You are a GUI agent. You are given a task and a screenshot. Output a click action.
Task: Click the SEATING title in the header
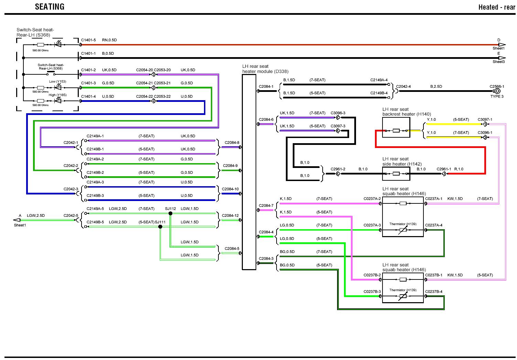tap(50, 7)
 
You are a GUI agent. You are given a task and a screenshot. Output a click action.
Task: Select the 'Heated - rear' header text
tap(496, 7)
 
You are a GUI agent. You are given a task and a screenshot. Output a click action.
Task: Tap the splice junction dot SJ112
tap(170, 213)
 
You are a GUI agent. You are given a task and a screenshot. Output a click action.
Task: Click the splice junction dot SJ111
tap(160, 226)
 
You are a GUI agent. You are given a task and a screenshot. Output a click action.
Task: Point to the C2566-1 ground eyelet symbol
tap(497, 91)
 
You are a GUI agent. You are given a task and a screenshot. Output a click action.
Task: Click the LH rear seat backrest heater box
tap(396, 128)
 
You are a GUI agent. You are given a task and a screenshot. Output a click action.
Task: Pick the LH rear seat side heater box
tap(396, 174)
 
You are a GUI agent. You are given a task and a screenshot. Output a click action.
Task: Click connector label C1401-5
tap(88, 40)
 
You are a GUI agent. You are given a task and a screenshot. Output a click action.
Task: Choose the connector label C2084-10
tap(230, 189)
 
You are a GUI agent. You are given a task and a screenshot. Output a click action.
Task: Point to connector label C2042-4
tap(403, 87)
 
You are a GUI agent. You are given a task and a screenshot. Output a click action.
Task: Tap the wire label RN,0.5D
tap(109, 40)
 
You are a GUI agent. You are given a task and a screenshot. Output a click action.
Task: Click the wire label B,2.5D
tap(436, 87)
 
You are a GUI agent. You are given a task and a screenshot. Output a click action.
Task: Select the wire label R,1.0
tap(459, 169)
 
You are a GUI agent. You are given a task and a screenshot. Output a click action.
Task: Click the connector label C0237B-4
tap(434, 292)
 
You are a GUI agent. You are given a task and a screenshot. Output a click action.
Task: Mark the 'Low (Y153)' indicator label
tap(57, 82)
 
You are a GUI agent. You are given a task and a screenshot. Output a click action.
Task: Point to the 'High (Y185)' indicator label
tap(57, 95)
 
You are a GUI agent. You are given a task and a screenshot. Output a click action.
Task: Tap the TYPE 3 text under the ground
tap(497, 97)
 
